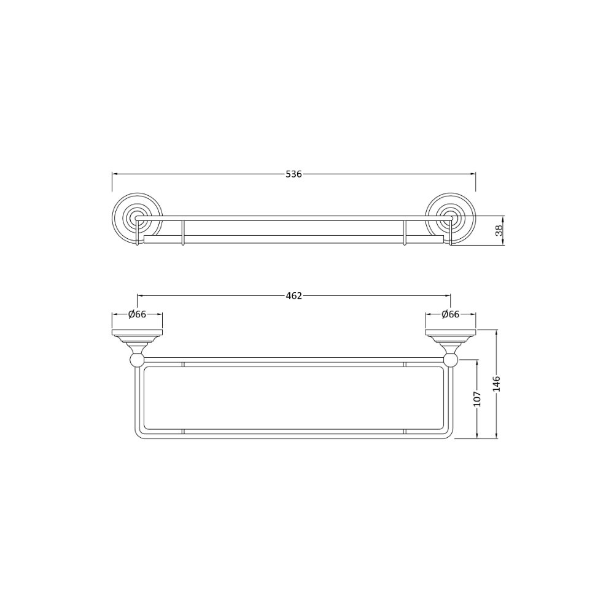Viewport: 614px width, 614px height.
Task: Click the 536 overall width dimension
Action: tap(293, 174)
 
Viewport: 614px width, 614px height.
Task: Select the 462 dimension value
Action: tap(293, 296)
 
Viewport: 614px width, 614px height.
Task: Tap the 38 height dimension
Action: tap(499, 230)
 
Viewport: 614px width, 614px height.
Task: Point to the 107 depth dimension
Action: tap(477, 398)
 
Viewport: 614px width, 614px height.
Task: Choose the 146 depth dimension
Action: tap(497, 384)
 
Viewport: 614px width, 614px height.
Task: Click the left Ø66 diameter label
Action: tap(137, 314)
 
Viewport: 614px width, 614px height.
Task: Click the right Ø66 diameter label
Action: tap(450, 314)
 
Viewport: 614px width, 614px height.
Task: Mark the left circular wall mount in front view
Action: tap(137, 218)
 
